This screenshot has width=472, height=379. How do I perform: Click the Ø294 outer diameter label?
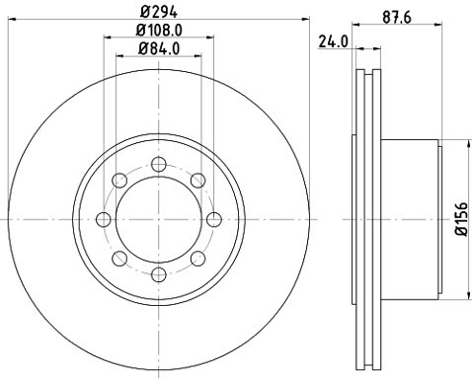coord(158,12)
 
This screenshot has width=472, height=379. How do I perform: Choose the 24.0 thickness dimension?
coord(333,41)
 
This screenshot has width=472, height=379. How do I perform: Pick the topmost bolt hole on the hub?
coord(158,163)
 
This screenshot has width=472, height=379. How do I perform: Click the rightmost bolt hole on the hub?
coord(213,219)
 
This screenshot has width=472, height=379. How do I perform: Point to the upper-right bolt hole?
coord(197,180)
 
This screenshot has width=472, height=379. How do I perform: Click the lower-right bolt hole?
coord(197,259)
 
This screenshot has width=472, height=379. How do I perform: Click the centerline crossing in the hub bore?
coord(158,219)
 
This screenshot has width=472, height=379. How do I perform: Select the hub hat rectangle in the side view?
coord(410,219)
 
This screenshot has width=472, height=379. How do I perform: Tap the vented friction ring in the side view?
coord(366,219)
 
